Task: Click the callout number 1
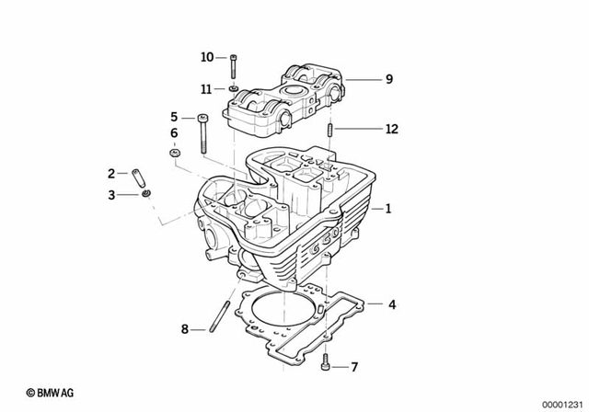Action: (388, 209)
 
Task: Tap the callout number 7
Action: (352, 368)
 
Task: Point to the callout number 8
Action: (184, 328)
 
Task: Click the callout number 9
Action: (388, 80)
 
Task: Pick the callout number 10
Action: (207, 57)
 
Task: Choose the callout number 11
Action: (207, 88)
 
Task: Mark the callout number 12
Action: (391, 130)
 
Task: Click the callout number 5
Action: (174, 117)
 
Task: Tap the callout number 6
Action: (174, 134)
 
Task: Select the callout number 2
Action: (111, 173)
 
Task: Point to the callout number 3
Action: (111, 195)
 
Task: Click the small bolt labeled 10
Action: (236, 66)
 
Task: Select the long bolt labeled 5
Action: (202, 134)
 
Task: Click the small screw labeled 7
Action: (327, 367)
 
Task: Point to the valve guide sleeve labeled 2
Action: (140, 175)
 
